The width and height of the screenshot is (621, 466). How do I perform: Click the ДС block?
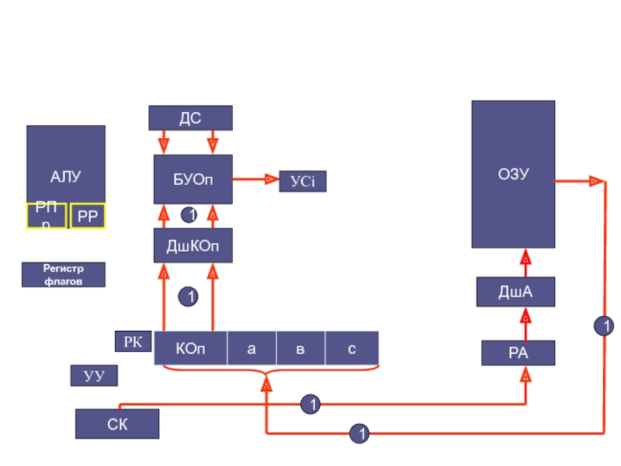click(190, 118)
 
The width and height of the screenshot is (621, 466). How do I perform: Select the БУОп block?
click(193, 179)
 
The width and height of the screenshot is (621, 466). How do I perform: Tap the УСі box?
click(302, 181)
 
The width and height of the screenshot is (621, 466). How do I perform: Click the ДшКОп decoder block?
click(193, 245)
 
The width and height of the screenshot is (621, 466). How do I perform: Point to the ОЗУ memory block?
click(513, 174)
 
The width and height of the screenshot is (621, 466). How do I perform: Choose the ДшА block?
click(515, 292)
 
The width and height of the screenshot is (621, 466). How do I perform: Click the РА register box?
click(518, 353)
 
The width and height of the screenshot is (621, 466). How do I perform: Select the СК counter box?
click(117, 424)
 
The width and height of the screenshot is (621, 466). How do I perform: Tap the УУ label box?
click(94, 376)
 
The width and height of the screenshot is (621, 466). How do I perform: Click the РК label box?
click(134, 341)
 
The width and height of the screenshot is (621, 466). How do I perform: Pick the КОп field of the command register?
click(191, 349)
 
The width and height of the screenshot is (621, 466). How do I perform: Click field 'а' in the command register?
click(252, 349)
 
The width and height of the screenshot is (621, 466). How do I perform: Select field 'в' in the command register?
click(300, 349)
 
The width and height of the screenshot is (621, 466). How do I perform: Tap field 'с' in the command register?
click(352, 349)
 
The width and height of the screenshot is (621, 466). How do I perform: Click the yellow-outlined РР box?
click(88, 217)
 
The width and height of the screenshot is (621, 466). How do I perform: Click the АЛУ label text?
click(66, 178)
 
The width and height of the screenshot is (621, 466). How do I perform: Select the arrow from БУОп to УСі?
click(255, 179)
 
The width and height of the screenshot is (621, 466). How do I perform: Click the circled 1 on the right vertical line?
click(603, 326)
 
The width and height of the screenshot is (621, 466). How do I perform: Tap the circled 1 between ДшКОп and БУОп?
click(189, 214)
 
